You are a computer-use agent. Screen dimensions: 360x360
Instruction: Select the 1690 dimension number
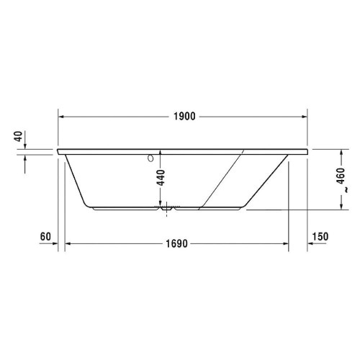coord(176,244)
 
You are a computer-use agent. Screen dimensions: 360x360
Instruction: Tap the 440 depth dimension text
coord(161,176)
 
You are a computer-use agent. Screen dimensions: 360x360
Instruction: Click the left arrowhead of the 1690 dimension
coord(69,244)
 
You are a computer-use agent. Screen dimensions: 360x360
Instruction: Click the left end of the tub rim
coord(58,153)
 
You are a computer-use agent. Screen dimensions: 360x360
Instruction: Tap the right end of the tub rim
coord(308,153)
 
